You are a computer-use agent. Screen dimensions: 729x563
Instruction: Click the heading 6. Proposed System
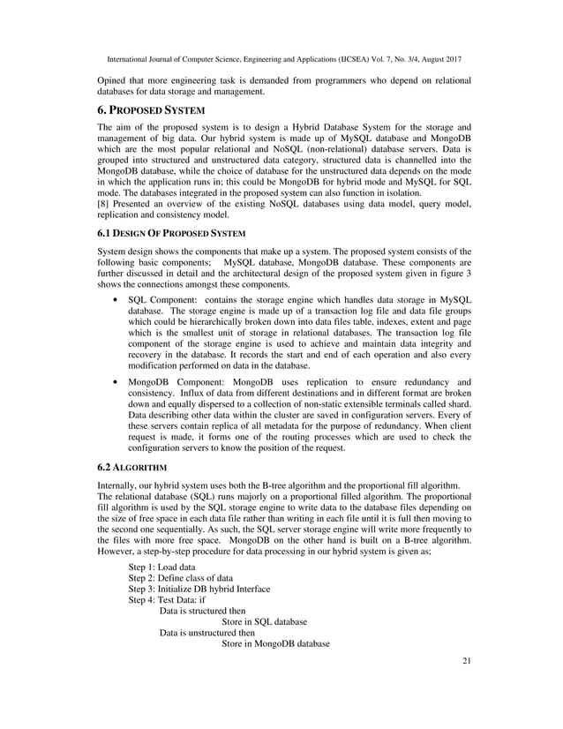point(150,110)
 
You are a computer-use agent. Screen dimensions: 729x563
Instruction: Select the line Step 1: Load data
point(161,567)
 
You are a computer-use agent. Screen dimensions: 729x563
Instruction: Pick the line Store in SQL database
point(264,622)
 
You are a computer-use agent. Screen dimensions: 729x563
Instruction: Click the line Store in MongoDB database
point(275,644)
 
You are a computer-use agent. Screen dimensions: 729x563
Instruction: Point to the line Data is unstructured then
point(207,633)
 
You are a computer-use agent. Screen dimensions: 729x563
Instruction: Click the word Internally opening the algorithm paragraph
point(118,486)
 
